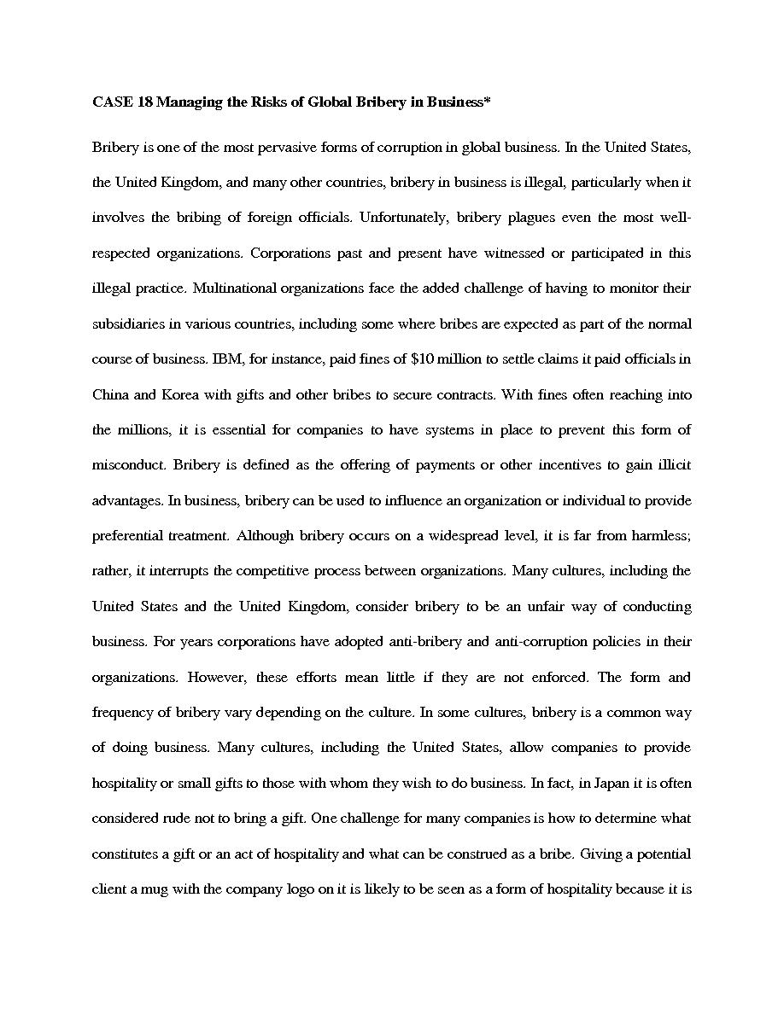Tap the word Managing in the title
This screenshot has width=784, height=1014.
[188, 102]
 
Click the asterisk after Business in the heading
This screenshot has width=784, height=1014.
[488, 101]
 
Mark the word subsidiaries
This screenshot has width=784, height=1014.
[126, 324]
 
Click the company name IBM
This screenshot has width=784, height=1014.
[225, 359]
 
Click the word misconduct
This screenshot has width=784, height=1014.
[129, 465]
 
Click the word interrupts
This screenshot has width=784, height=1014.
[189, 571]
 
